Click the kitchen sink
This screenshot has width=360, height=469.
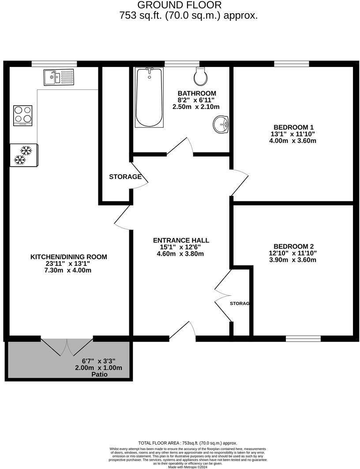[59, 78]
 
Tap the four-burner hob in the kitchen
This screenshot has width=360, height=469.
[23, 115]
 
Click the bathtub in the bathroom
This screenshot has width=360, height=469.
[148, 97]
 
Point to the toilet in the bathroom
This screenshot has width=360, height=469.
[201, 77]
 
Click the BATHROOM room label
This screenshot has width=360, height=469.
[197, 93]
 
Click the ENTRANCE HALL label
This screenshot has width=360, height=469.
[181, 240]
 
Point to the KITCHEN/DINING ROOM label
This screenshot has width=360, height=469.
[68, 257]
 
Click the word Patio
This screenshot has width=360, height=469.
[99, 375]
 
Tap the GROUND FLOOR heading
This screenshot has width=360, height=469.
[179, 5]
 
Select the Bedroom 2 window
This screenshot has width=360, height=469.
[303, 339]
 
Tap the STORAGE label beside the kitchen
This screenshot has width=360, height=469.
[125, 177]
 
